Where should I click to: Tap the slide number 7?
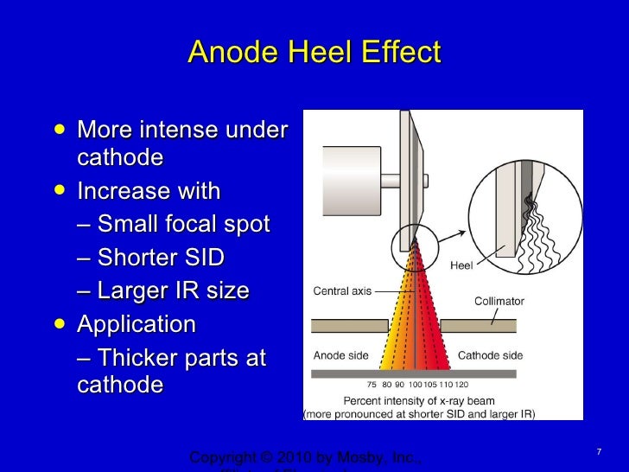[598, 452]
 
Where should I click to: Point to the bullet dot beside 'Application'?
[58, 325]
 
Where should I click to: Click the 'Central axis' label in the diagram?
[342, 291]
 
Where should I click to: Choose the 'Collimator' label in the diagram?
[499, 302]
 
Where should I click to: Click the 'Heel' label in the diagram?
[461, 265]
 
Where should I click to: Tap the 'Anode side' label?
[340, 355]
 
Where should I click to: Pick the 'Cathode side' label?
[490, 355]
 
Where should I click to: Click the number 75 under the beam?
[372, 385]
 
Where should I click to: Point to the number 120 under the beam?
[462, 385]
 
